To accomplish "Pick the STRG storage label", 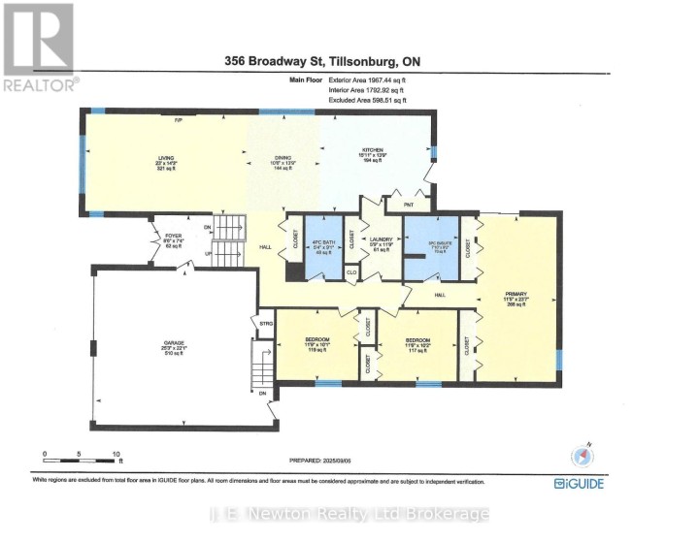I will click(x=262, y=322).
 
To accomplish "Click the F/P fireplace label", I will click(x=178, y=120).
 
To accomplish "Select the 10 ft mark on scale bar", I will click(x=116, y=454).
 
